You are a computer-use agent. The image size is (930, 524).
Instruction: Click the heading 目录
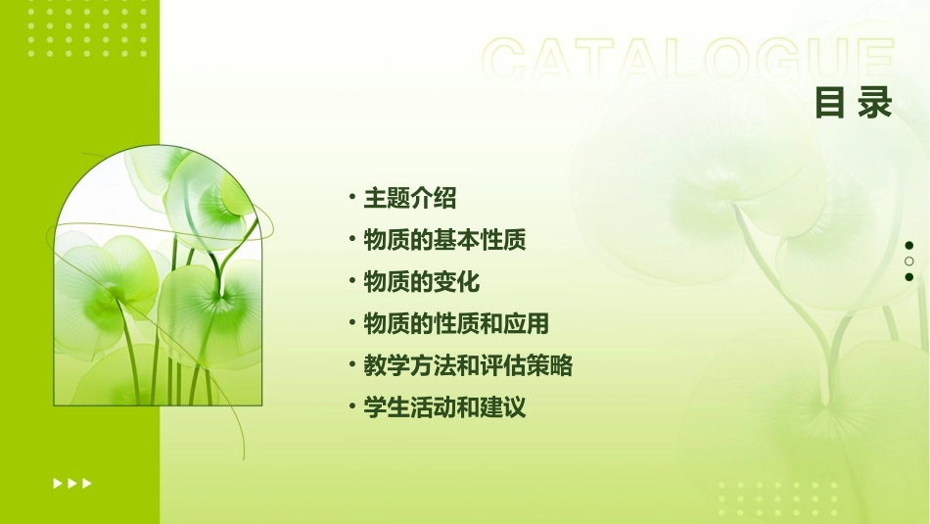854,102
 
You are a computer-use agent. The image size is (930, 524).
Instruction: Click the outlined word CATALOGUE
688,61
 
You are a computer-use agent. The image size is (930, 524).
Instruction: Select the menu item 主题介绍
409,198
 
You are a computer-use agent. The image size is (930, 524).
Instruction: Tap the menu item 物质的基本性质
444,240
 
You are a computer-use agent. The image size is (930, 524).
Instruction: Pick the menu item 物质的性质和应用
456,323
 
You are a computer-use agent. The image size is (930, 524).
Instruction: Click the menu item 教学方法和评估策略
468,365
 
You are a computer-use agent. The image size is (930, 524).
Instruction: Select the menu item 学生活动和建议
444,407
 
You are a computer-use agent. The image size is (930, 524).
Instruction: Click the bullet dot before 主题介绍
352,197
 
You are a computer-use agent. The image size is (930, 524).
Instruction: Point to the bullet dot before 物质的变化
352,281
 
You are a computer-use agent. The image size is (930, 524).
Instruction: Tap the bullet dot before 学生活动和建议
352,406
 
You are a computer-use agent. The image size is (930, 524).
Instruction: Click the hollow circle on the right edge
909,261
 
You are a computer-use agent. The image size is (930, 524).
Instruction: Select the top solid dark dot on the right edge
909,245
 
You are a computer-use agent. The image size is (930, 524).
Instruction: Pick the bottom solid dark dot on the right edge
909,276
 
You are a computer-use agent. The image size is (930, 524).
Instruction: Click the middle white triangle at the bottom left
71,483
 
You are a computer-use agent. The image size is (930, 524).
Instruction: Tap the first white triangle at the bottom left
57,483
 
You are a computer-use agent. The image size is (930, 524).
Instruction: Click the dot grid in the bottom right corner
777,499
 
